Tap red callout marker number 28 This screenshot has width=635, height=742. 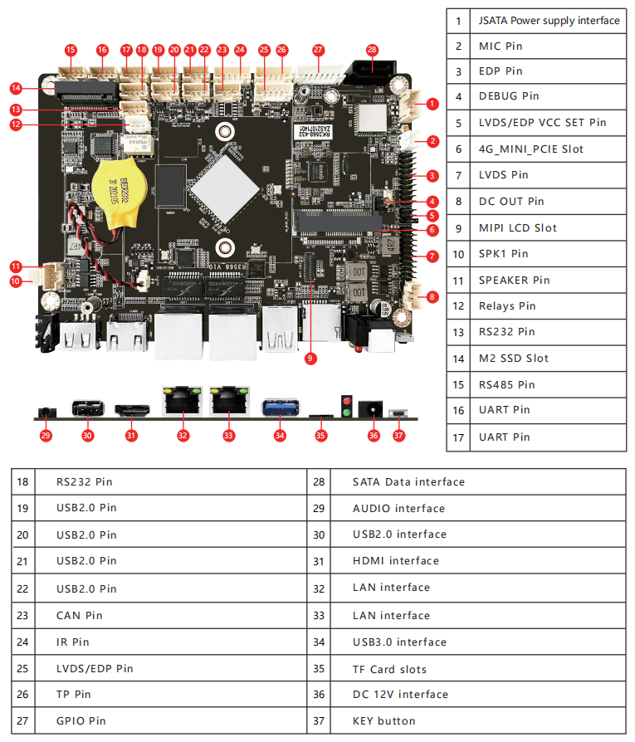(x=372, y=50)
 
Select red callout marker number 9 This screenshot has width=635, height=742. (x=310, y=359)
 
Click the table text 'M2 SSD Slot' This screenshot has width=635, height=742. (x=514, y=358)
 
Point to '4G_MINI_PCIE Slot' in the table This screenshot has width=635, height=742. (x=530, y=149)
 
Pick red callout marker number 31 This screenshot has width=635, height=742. (x=131, y=434)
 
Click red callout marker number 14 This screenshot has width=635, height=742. (x=16, y=87)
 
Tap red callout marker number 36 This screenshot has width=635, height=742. (x=374, y=434)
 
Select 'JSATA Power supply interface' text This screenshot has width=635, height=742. (x=549, y=20)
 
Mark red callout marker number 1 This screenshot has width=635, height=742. (x=432, y=105)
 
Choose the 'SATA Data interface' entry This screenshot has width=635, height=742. (x=408, y=481)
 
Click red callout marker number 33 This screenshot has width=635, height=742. (x=228, y=434)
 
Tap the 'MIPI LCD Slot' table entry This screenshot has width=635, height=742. (x=518, y=227)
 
